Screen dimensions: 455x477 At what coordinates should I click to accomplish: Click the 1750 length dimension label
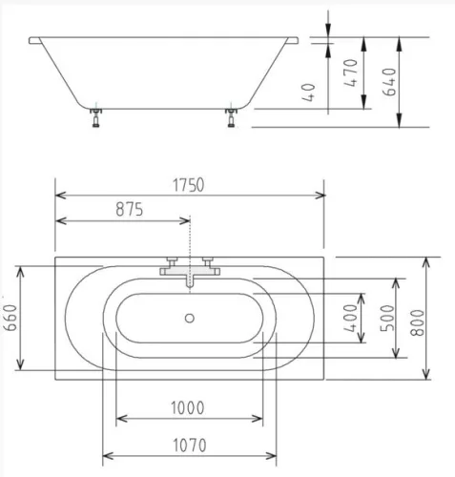pos(188,185)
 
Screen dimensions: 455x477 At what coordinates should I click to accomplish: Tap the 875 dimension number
pos(130,210)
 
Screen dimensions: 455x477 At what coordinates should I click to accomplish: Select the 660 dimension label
pos(10,318)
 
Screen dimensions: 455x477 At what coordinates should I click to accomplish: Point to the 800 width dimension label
pos(418,322)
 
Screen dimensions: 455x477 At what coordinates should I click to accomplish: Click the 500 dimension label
pos(387,318)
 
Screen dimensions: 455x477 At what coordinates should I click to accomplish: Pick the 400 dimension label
pos(351,318)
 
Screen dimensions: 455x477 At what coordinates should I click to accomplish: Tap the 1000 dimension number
pos(188,408)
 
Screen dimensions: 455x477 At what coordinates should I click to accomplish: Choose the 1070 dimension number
pos(190,446)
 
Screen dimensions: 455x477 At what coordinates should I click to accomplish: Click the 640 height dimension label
pos(389,82)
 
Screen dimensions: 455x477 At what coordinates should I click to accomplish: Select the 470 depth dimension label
pos(351,73)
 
